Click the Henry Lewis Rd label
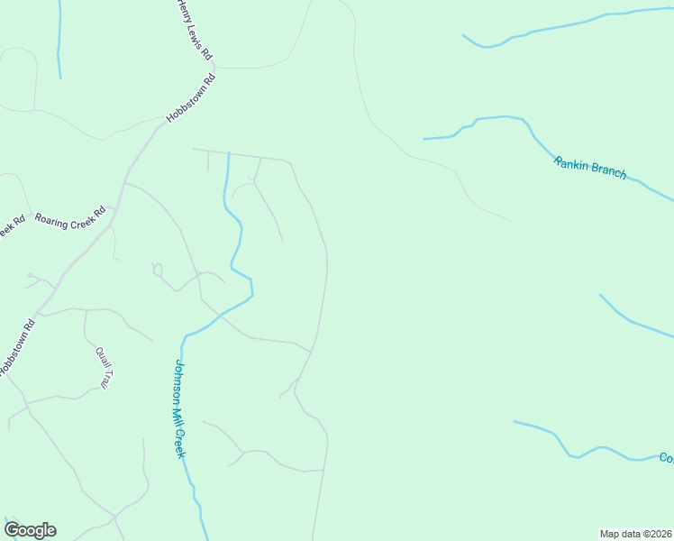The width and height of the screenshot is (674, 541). click(x=195, y=31)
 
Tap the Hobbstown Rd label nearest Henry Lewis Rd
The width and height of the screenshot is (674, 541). click(x=191, y=98)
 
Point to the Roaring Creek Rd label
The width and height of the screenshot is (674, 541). click(x=69, y=216)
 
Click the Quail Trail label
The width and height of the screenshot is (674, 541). click(x=102, y=368)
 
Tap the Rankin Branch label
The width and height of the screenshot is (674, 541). click(x=589, y=167)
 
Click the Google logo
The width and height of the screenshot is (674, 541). click(x=30, y=530)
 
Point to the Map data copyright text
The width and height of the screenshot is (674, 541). click(x=636, y=533)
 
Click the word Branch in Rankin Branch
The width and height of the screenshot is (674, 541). click(x=606, y=170)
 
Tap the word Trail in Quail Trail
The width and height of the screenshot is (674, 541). click(x=105, y=378)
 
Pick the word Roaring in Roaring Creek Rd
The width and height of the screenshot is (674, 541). click(x=50, y=218)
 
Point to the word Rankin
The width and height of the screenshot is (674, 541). click(x=571, y=163)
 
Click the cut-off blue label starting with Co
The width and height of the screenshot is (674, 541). click(x=666, y=458)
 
